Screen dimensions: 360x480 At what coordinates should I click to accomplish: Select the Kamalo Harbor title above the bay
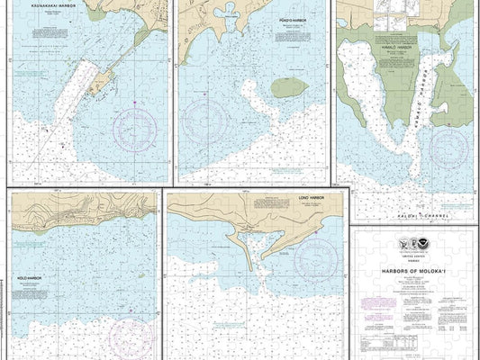[x=395, y=49]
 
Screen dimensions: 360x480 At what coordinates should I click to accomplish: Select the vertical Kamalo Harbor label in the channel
[x=419, y=99]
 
